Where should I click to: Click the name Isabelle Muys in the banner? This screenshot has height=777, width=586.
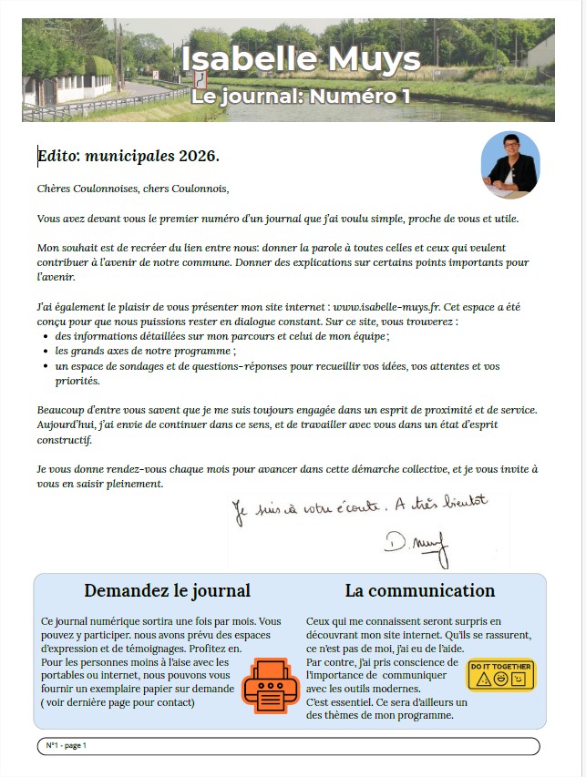point(301,58)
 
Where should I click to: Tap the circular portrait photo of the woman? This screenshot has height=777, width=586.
point(510,165)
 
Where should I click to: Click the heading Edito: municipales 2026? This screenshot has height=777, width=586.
point(129,156)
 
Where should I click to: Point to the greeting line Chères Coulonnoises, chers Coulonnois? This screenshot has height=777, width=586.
point(133,189)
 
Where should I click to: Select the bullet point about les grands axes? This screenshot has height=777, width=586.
point(145,351)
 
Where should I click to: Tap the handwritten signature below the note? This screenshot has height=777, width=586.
point(416,544)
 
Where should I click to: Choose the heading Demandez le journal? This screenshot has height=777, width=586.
point(167,591)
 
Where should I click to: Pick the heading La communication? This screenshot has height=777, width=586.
point(420,591)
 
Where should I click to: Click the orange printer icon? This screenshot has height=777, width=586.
point(270,684)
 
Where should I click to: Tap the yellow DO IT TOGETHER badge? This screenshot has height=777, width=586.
point(500,675)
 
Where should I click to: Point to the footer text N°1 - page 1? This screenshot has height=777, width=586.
point(66,746)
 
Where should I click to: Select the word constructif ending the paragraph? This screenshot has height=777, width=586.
point(65,440)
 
